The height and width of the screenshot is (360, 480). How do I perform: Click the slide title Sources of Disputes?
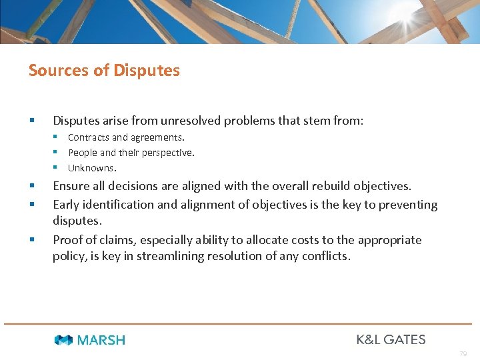[104, 70]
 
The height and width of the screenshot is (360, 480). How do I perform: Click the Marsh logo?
[90, 340]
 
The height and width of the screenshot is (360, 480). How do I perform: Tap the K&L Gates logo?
[391, 339]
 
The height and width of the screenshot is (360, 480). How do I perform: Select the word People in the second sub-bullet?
[83, 153]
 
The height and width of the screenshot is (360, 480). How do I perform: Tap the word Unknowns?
[91, 168]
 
